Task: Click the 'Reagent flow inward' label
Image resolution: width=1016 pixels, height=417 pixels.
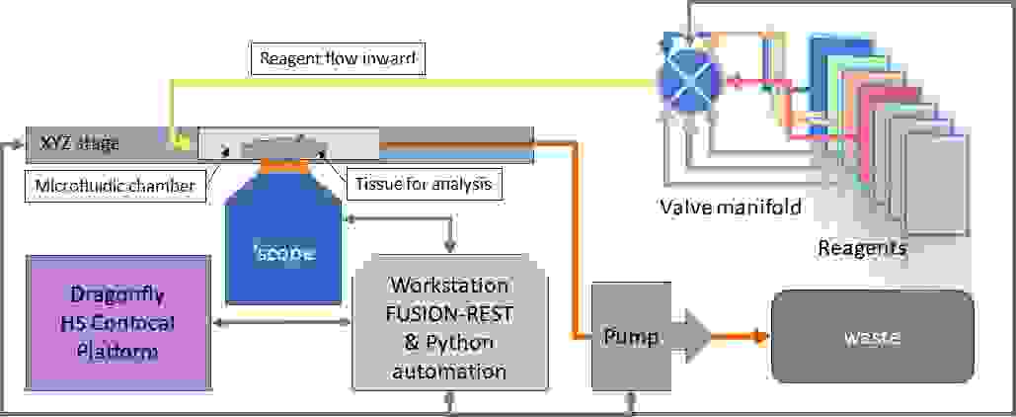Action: coord(337,58)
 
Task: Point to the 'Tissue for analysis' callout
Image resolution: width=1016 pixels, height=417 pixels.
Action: coord(425,186)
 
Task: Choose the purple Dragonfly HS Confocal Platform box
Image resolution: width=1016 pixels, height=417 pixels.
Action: coord(118,323)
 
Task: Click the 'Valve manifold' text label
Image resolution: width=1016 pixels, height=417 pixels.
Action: coord(730,208)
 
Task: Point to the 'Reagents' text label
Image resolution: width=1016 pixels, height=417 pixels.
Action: coord(862,248)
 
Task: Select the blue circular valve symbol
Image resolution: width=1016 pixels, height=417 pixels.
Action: coord(687,80)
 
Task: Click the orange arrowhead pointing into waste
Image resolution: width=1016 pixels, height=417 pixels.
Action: coord(762,337)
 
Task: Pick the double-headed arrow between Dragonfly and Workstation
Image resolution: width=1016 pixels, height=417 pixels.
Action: coord(282,322)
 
